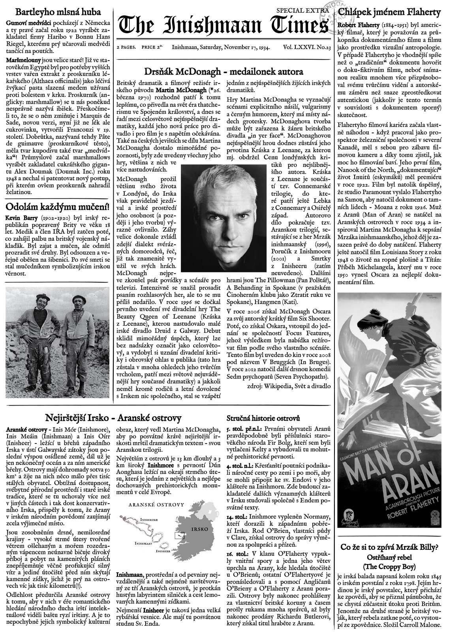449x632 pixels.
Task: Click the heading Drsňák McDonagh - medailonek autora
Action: tap(224, 72)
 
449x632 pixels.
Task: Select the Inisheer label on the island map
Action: tap(164, 550)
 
